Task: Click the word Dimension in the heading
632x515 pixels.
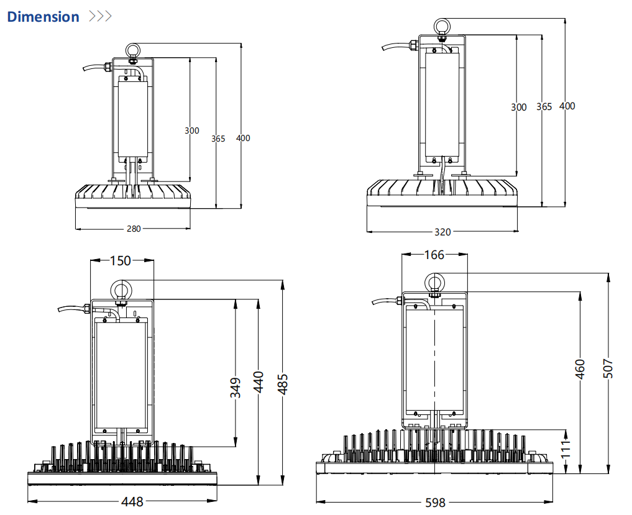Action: pyautogui.click(x=43, y=17)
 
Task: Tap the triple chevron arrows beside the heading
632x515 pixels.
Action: pyautogui.click(x=100, y=16)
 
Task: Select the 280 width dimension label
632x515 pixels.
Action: pyautogui.click(x=134, y=229)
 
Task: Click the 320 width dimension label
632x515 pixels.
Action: pyautogui.click(x=442, y=232)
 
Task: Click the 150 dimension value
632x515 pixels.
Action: pyautogui.click(x=121, y=260)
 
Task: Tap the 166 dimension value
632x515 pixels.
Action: pyautogui.click(x=434, y=255)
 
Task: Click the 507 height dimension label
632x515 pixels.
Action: pyautogui.click(x=608, y=370)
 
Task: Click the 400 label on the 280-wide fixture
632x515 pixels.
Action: pyautogui.click(x=243, y=138)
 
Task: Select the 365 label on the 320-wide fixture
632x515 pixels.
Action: pyautogui.click(x=544, y=107)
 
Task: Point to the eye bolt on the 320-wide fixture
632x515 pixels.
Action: pyautogui.click(x=442, y=27)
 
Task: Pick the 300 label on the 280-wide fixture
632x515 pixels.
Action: pyautogui.click(x=192, y=130)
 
